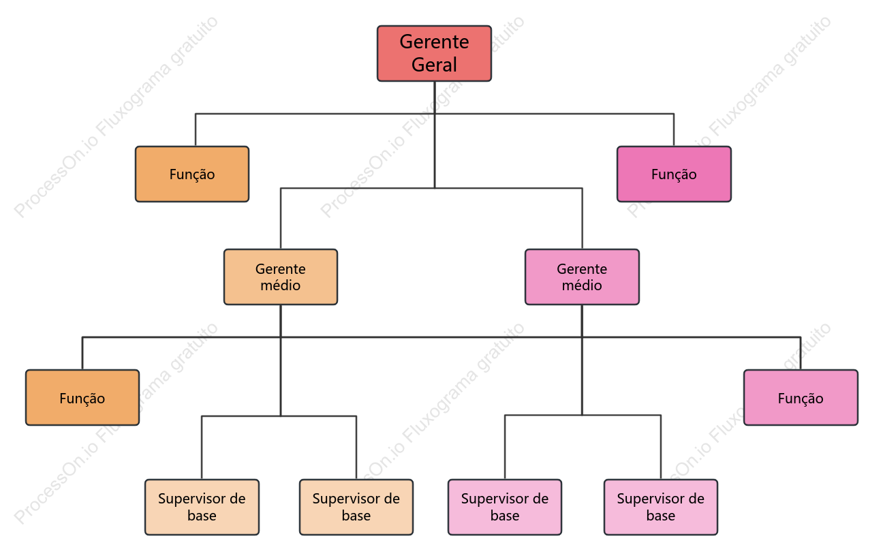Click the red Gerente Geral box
[434, 54]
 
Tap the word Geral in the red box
[434, 65]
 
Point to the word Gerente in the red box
[434, 42]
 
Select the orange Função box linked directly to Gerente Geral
[192, 174]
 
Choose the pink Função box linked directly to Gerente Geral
[674, 174]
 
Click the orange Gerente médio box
[281, 277]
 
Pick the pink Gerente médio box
[582, 277]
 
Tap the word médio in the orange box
[280, 285]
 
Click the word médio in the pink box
[582, 285]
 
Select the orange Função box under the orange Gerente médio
[82, 398]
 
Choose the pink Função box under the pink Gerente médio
[801, 398]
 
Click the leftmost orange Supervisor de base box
[202, 507]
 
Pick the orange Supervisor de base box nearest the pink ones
[356, 507]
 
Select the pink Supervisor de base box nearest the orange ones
[505, 507]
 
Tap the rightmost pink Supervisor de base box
[661, 507]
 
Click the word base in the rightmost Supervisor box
[661, 516]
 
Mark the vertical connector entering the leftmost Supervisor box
[202, 448]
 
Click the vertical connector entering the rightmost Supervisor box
[661, 448]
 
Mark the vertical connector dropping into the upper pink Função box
[674, 130]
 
